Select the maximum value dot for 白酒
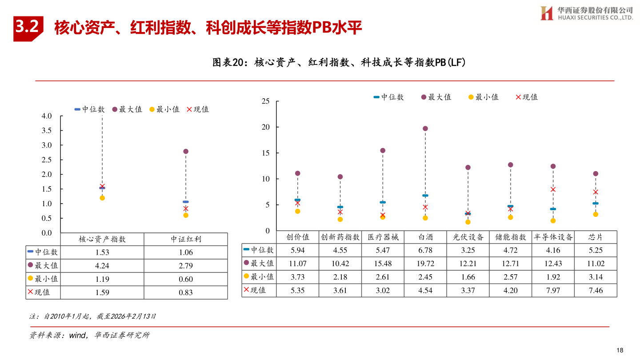425,128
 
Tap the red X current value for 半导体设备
553,189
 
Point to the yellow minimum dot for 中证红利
186,215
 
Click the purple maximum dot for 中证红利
186,152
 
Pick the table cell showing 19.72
425,264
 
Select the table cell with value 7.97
553,290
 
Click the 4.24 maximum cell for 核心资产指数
102,266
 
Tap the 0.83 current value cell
186,292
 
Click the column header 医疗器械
383,237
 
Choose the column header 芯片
596,237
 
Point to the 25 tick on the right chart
265,101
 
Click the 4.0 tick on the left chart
46,116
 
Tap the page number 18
620,350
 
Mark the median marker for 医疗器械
383,202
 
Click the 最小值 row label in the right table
259,276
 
